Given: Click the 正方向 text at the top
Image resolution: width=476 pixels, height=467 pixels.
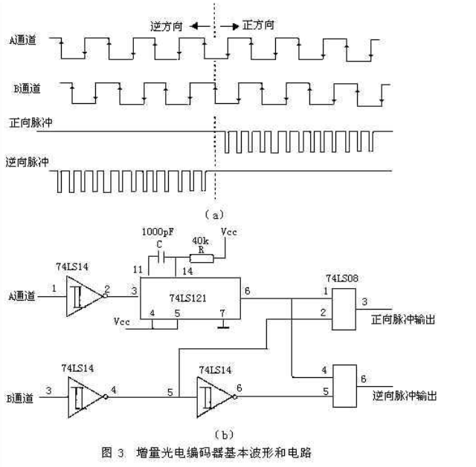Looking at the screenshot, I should tap(259, 25).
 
